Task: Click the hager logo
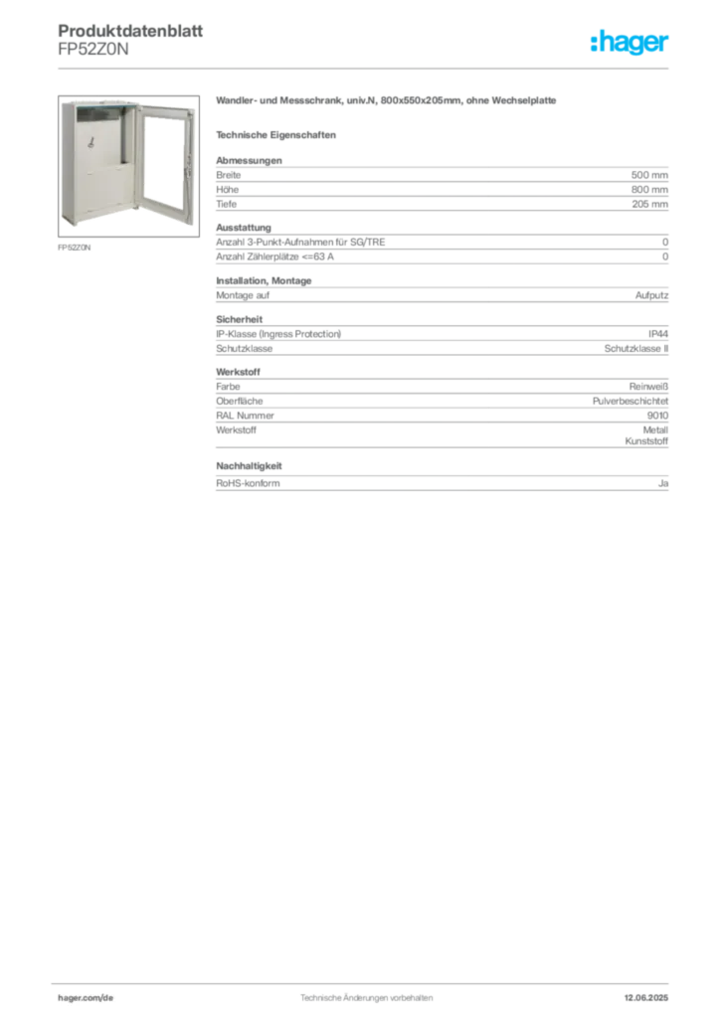click(x=630, y=43)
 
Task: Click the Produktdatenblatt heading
click(x=130, y=31)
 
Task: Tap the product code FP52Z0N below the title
click(x=93, y=50)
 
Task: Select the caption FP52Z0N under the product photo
click(x=74, y=248)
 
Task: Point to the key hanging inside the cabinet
click(x=90, y=141)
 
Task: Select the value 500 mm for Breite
click(x=649, y=175)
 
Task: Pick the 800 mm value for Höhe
click(x=649, y=190)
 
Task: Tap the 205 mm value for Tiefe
click(x=649, y=204)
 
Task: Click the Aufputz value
click(x=651, y=295)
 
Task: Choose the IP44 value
click(x=658, y=334)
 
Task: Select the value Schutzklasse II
click(x=636, y=349)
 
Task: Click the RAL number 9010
click(x=657, y=416)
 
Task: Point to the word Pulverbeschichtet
click(x=630, y=402)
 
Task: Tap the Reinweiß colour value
click(x=648, y=387)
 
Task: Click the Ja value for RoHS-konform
click(x=663, y=483)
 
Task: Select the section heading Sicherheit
click(x=239, y=319)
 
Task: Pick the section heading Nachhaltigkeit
click(x=249, y=466)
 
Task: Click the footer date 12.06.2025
click(x=646, y=998)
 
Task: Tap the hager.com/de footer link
click(x=86, y=998)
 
